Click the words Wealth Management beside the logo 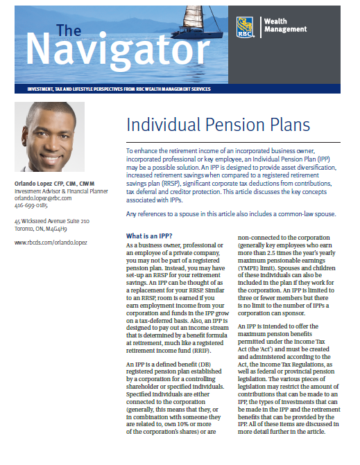click(x=284, y=26)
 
